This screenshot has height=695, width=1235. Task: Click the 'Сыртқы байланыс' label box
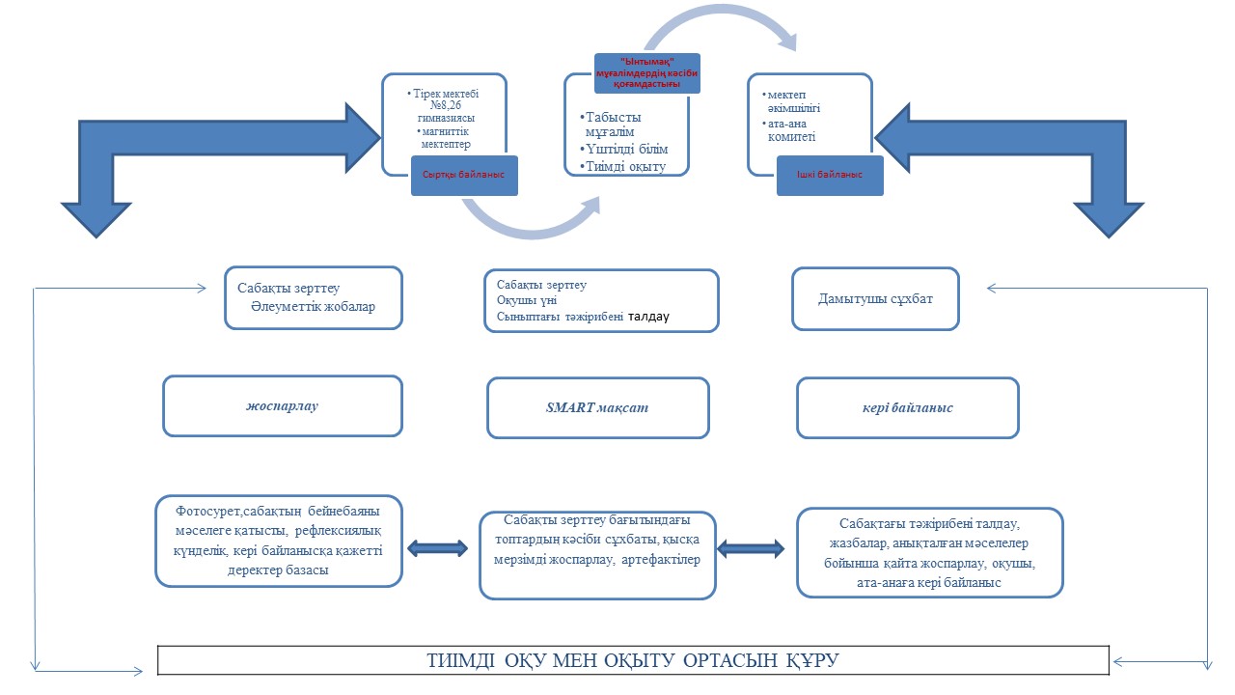464,176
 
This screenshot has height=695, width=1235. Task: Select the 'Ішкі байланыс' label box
831,176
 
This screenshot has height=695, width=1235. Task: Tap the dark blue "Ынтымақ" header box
645,73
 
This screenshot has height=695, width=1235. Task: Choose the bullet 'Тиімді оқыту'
624,166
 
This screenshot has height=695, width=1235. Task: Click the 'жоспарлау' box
282,405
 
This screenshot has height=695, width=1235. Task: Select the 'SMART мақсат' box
597,407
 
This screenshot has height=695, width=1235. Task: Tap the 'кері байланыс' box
907,407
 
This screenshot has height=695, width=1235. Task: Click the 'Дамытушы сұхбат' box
875,299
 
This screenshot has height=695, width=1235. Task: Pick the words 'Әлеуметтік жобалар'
312,306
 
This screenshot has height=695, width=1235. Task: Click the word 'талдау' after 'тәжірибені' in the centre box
648,317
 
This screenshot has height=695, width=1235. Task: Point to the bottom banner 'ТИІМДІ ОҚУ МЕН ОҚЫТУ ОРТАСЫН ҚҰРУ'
633,660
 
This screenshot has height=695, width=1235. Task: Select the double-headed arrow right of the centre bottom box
751,548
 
